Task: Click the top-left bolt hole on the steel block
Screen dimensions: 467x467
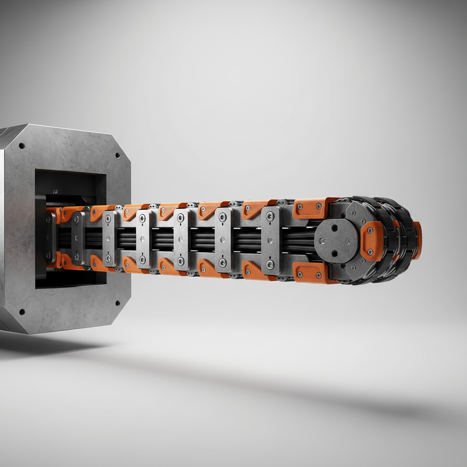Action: pyautogui.click(x=21, y=146)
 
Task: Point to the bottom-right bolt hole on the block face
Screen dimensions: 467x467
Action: pyautogui.click(x=117, y=303)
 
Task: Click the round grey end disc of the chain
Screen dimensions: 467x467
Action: pyautogui.click(x=336, y=240)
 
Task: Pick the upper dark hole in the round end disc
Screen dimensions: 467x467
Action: pyautogui.click(x=335, y=227)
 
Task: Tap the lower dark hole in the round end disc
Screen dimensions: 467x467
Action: pyautogui.click(x=335, y=253)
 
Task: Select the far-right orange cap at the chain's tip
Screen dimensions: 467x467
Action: pyautogui.click(x=417, y=240)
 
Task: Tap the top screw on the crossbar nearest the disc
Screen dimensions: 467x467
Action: pyautogui.click(x=270, y=216)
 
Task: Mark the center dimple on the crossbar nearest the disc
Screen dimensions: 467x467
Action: pyautogui.click(x=270, y=240)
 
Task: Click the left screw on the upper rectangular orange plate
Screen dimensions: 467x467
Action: pyautogui.click(x=300, y=207)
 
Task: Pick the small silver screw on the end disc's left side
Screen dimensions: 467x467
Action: pyautogui.click(x=322, y=240)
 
